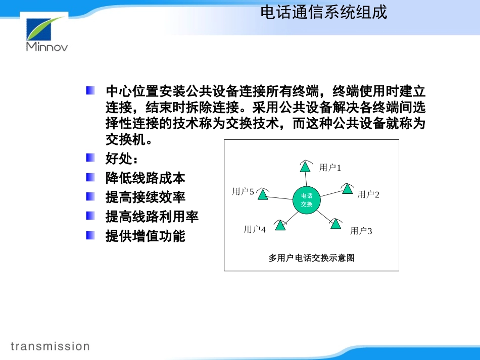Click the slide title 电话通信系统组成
[323, 12]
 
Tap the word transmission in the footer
[50, 346]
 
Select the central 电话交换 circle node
[306, 200]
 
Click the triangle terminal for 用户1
[305, 166]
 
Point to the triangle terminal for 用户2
[347, 189]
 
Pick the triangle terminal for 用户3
[336, 224]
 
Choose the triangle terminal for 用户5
[262, 194]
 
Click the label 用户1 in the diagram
[330, 168]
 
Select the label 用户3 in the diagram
[361, 231]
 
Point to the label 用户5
[243, 191]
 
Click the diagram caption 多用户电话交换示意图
[311, 258]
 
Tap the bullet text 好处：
[122, 159]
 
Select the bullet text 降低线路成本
[146, 178]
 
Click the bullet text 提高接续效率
[146, 197]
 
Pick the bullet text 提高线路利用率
[152, 217]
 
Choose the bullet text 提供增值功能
[146, 236]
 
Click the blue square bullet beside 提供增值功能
[90, 235]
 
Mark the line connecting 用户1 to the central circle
[306, 179]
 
